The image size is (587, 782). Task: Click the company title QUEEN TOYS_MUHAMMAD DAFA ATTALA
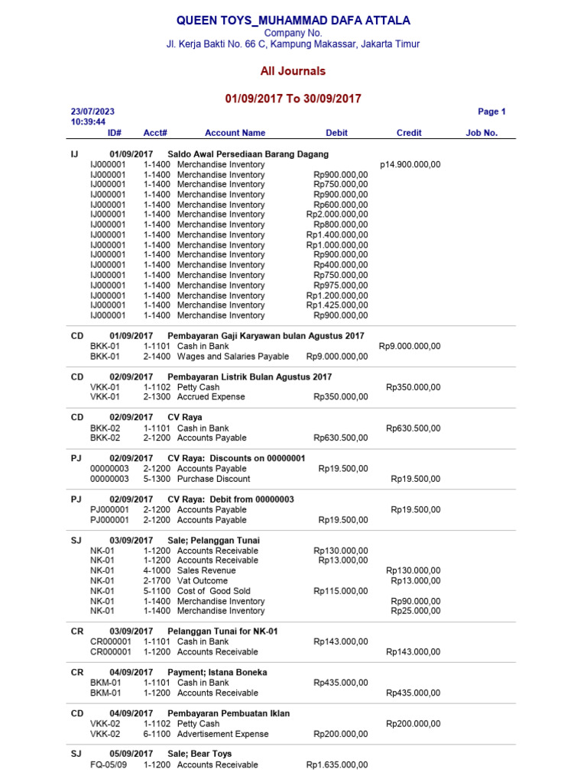point(293,21)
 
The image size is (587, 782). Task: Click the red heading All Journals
point(293,71)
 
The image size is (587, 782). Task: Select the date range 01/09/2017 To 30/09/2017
point(293,99)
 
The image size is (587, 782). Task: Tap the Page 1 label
point(491,111)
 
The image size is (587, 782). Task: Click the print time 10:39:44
point(88,121)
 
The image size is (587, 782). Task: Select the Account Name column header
point(235,133)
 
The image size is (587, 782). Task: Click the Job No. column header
point(482,133)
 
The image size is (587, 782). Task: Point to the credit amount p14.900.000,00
point(410,164)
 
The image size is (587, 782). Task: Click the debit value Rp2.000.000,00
point(337,215)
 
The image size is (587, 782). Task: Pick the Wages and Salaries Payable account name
point(233,357)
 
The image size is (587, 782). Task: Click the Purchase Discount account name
point(213,479)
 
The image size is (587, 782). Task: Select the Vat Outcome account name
point(203,581)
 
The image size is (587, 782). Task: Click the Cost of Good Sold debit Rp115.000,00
point(340,591)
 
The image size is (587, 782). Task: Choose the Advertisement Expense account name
point(223,734)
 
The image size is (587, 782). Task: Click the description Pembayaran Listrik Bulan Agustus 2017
point(250,377)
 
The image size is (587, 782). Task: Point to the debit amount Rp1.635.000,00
point(337,764)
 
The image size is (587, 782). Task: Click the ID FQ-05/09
point(109,764)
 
